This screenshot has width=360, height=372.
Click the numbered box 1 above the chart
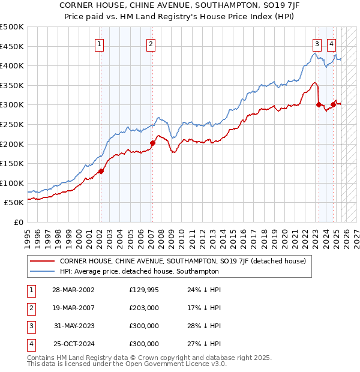[x=98, y=43]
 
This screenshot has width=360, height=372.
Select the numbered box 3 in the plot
[x=316, y=43]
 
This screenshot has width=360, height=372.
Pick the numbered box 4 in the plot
[x=331, y=43]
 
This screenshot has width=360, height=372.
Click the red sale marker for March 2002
[x=101, y=171]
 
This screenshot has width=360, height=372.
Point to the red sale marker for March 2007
[x=152, y=143]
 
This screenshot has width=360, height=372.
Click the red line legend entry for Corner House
[x=182, y=262]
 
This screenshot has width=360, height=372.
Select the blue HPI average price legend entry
[x=139, y=271]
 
